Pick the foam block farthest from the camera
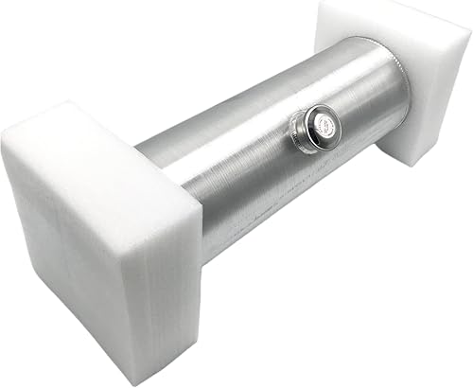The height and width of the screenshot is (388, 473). click(x=397, y=76)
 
